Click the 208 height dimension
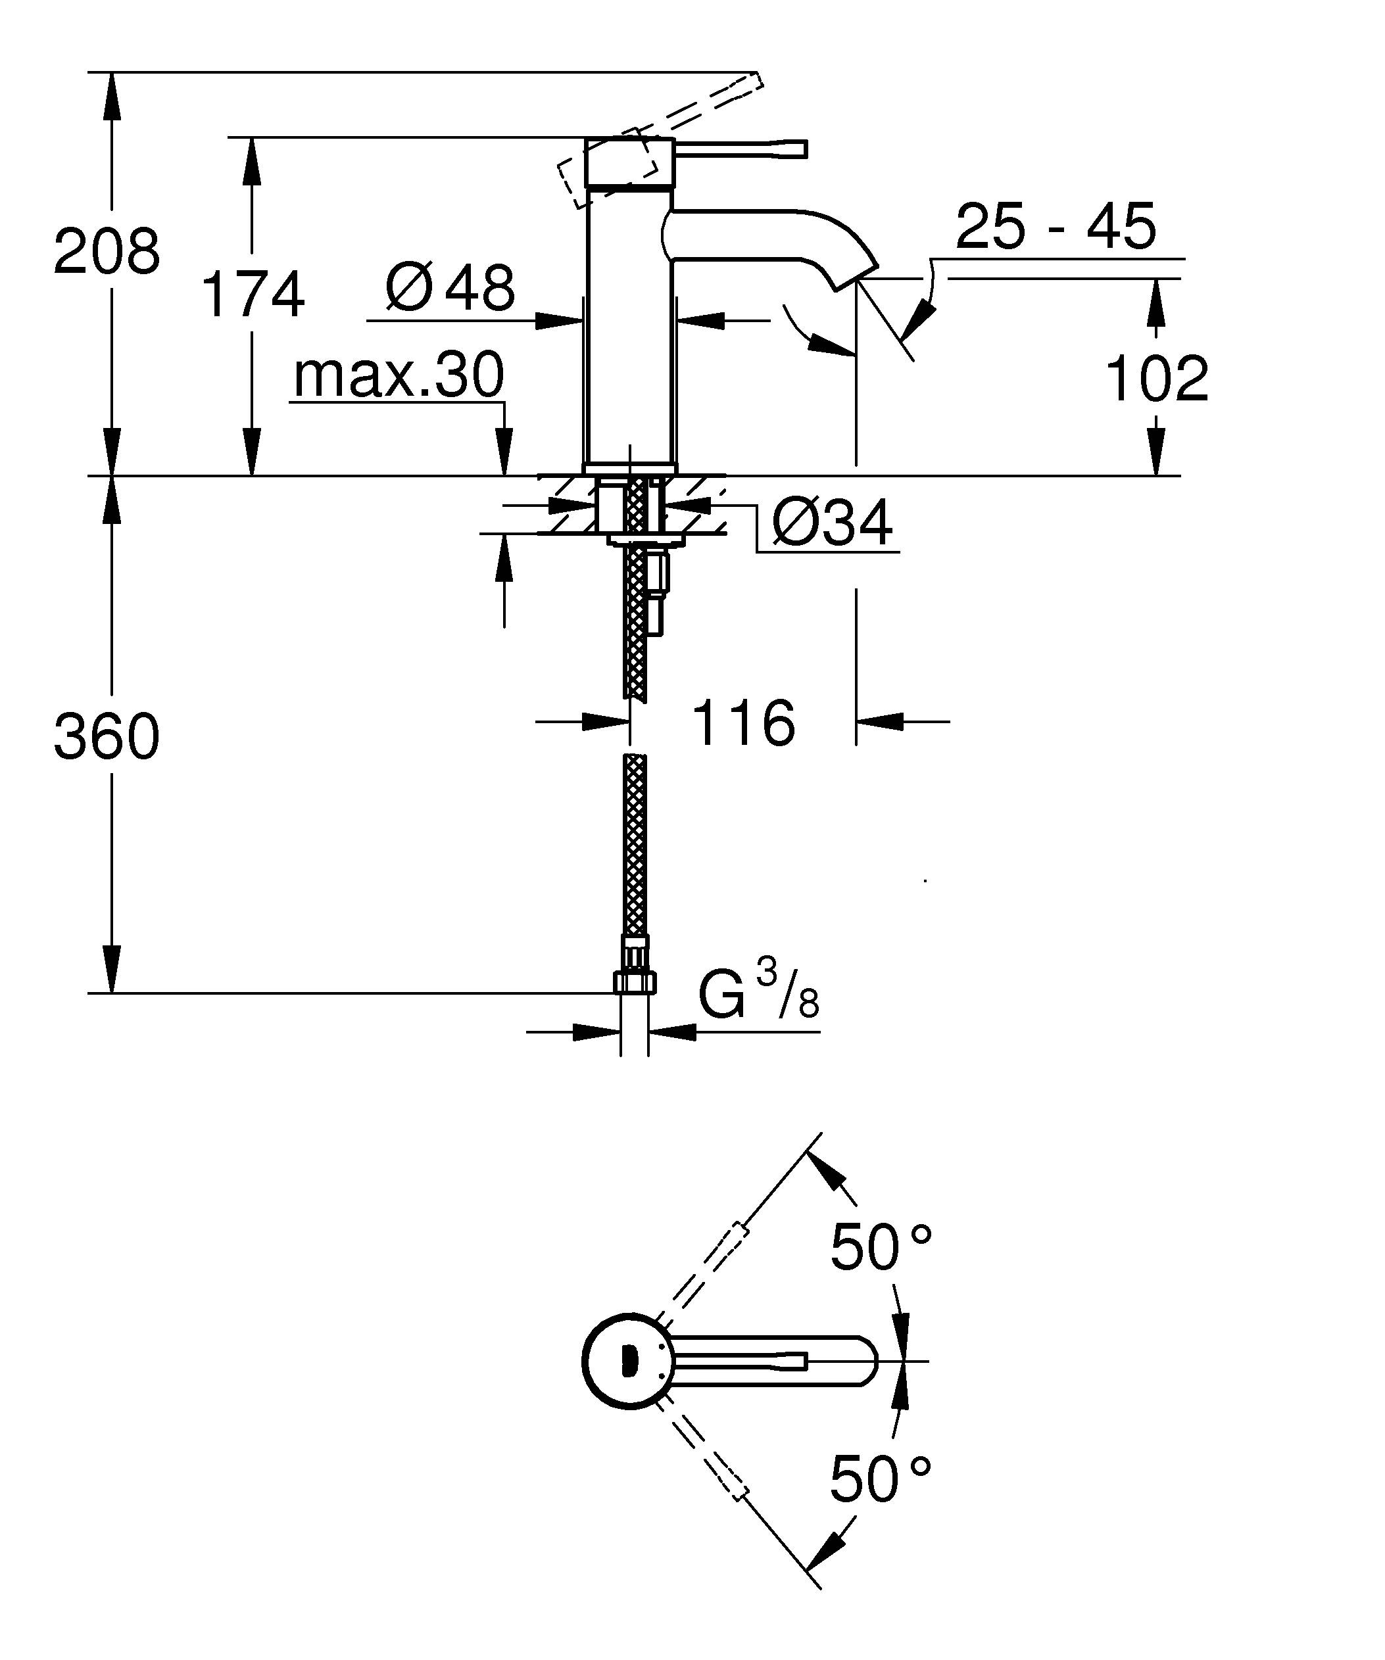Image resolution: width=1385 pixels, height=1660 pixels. pyautogui.click(x=107, y=251)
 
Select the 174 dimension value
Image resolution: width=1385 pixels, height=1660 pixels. pyautogui.click(x=253, y=295)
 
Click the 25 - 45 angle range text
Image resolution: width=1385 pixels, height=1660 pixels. pyautogui.click(x=1056, y=227)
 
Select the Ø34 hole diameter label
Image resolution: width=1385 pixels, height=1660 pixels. pyautogui.click(x=833, y=523)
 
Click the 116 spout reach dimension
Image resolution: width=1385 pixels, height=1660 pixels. pyautogui.click(x=743, y=723)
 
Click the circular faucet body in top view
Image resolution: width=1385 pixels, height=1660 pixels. pyautogui.click(x=625, y=1361)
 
